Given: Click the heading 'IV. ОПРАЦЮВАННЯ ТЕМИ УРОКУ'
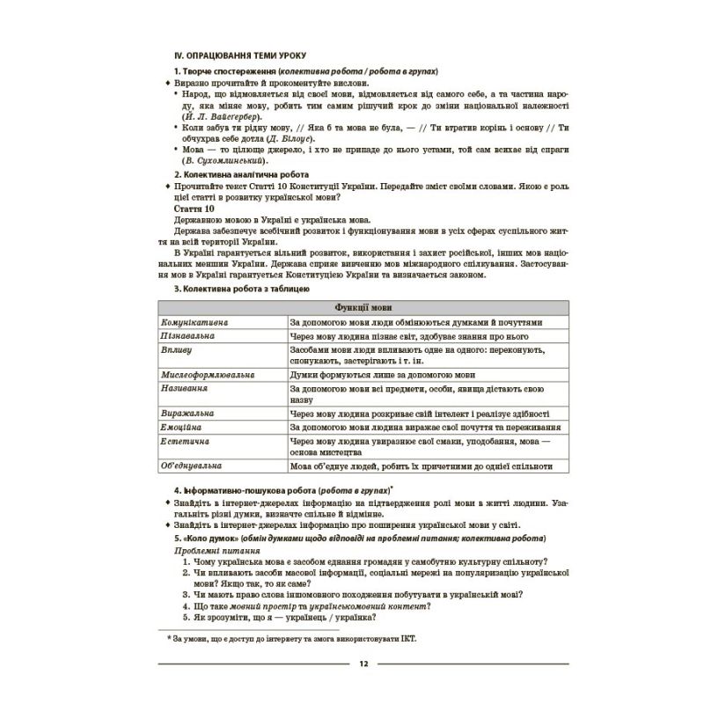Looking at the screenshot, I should [233, 55].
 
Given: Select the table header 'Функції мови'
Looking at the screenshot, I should [363, 307].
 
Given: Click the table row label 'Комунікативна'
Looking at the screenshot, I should [194, 322].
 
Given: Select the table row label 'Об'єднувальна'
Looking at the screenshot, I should [191, 466].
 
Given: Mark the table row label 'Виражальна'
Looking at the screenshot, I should [187, 413].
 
